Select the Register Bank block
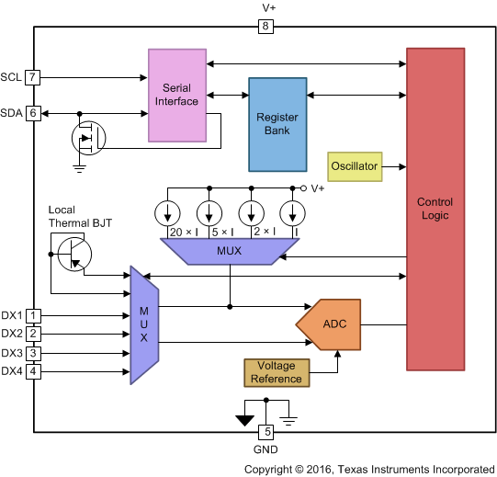tap(277, 125)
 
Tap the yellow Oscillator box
tap(355, 166)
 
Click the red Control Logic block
tap(435, 209)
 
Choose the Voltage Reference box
tap(276, 371)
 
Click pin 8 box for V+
tap(266, 27)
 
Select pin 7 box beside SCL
tap(34, 77)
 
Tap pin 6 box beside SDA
tap(34, 113)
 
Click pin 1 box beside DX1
tap(34, 315)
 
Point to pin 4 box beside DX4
tap(34, 371)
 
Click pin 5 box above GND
tap(266, 431)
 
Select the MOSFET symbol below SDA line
tap(88, 139)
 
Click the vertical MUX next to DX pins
tap(144, 325)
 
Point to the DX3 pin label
tap(12, 353)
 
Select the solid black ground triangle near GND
tap(244, 421)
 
